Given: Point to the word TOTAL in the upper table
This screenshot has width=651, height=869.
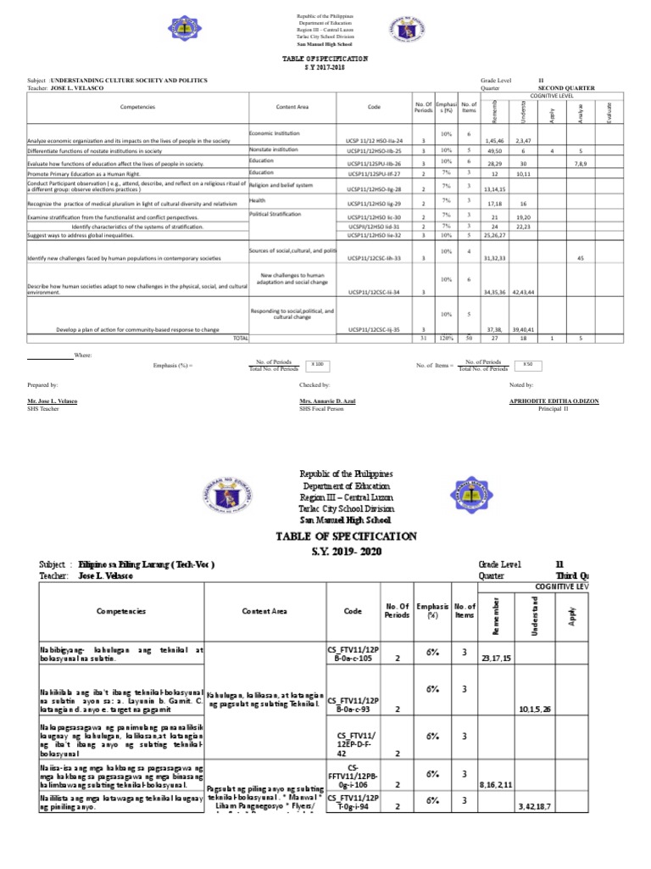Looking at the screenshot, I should [241, 338].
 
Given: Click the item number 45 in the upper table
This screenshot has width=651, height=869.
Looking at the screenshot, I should [580, 257].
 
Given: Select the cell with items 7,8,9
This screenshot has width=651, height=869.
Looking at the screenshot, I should [580, 161].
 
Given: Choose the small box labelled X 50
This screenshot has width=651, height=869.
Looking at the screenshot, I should [527, 363].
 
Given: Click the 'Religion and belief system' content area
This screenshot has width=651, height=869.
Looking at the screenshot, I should [281, 184].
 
